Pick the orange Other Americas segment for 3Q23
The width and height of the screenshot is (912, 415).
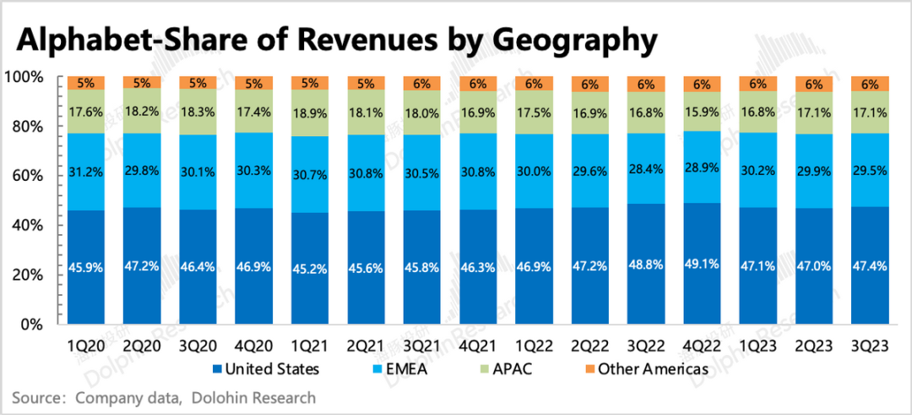[x=869, y=83]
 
